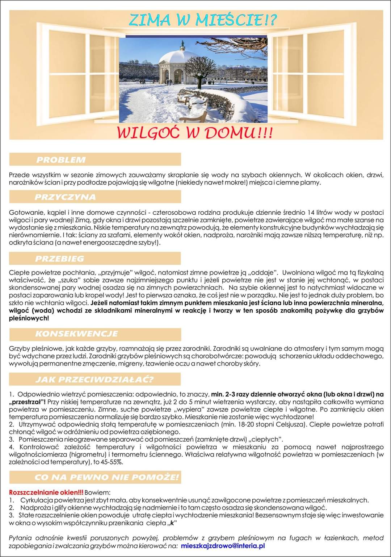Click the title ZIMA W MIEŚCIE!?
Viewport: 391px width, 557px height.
pos(202,20)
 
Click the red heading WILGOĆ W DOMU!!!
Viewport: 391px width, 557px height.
pos(194,133)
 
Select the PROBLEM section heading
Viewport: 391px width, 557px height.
pos(61,160)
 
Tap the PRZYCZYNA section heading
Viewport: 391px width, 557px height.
pos(65,197)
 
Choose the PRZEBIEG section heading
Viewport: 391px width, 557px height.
pos(59,259)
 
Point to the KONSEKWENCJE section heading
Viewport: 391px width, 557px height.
pos(76,334)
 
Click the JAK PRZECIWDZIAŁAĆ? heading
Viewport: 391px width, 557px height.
pos(94,380)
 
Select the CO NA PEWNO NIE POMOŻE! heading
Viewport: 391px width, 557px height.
pos(106,477)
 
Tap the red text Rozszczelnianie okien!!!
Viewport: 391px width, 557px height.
pos(46,492)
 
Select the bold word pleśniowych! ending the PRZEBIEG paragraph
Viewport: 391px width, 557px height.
pos(29,318)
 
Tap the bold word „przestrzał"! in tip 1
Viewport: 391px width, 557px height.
pos(27,402)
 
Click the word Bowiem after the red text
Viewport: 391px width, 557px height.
pos(97,492)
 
